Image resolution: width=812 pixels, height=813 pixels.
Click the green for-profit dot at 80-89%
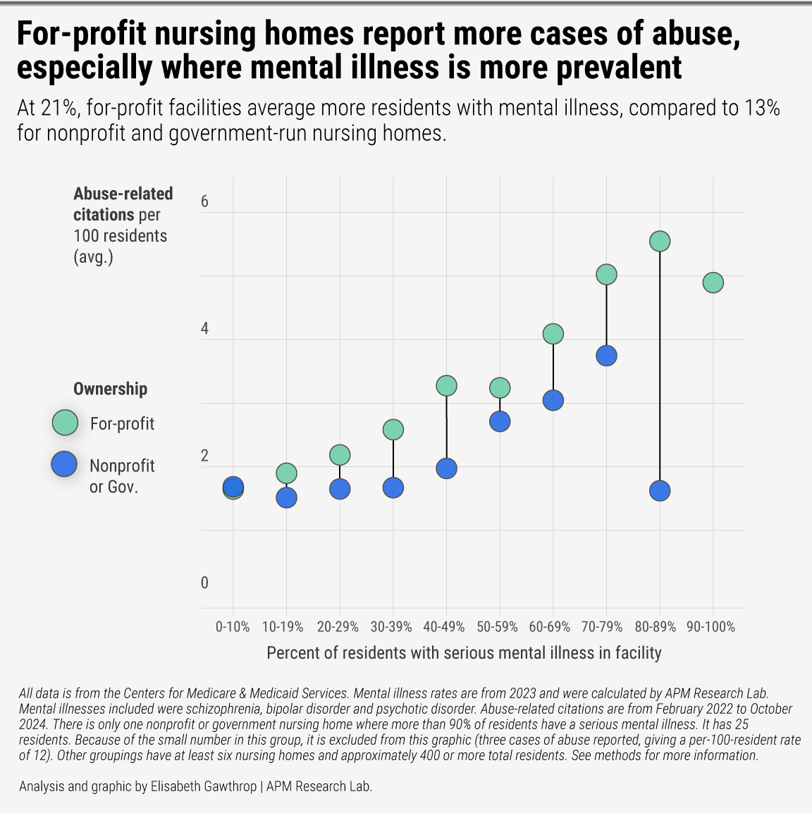pyautogui.click(x=659, y=241)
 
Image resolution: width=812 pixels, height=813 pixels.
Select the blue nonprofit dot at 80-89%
pyautogui.click(x=659, y=490)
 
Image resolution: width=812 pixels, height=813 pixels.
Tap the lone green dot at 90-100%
pyautogui.click(x=713, y=283)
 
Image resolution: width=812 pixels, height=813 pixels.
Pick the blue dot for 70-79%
pyautogui.click(x=606, y=356)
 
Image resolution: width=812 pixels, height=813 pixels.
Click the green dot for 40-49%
pyautogui.click(x=446, y=385)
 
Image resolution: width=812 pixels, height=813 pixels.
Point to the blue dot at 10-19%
pyautogui.click(x=286, y=497)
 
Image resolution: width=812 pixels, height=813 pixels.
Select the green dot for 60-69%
pyautogui.click(x=553, y=333)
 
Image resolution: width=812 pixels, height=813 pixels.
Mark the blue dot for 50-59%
pyautogui.click(x=500, y=421)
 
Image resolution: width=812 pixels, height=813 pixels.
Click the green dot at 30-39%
pyautogui.click(x=393, y=429)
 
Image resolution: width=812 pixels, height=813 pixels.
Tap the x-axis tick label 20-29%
pyautogui.click(x=338, y=626)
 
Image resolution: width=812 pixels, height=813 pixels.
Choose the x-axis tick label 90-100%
pyautogui.click(x=710, y=626)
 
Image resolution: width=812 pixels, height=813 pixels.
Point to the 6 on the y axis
pyautogui.click(x=204, y=201)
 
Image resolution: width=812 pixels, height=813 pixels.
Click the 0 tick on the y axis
pyautogui.click(x=204, y=583)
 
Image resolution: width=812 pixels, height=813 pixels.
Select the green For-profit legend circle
pyautogui.click(x=65, y=423)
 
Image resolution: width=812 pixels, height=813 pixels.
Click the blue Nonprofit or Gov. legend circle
pyautogui.click(x=65, y=464)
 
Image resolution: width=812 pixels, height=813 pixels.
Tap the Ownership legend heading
pyautogui.click(x=111, y=389)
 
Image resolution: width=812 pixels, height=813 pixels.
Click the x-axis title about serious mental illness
pyautogui.click(x=464, y=653)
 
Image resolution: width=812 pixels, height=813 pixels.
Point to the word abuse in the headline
pyautogui.click(x=692, y=35)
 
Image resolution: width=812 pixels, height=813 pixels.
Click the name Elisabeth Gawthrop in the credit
pyautogui.click(x=204, y=786)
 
